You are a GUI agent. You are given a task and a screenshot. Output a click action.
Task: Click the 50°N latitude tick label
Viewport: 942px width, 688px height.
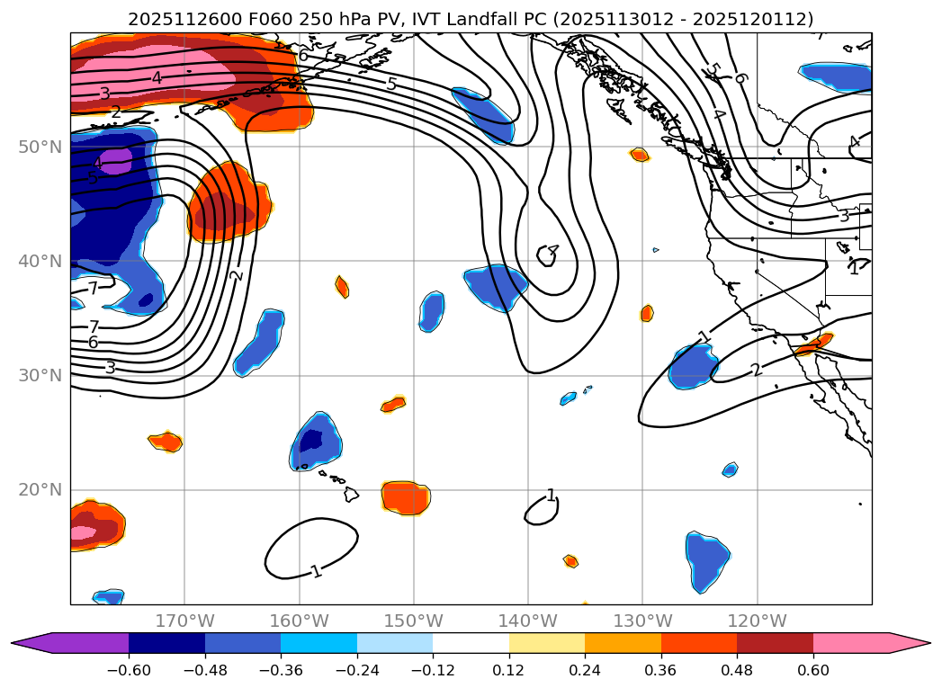click(x=40, y=147)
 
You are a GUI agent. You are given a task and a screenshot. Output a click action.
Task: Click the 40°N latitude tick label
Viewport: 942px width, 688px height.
click(x=40, y=261)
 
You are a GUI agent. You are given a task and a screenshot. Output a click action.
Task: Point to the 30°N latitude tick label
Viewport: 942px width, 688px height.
click(x=40, y=375)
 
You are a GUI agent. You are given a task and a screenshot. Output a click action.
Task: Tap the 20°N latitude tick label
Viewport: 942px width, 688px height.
click(x=40, y=490)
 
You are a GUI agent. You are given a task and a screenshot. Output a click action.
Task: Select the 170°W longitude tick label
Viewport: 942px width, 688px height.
click(x=184, y=621)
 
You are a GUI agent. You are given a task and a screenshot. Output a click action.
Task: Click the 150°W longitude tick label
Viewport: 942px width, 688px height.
click(x=414, y=621)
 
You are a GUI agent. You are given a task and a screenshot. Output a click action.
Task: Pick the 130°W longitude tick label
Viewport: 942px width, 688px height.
click(x=642, y=621)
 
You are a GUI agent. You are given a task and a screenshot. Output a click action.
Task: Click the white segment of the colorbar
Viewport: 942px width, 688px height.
click(x=471, y=642)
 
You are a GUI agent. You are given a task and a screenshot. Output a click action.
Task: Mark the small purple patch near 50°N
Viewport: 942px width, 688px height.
click(x=115, y=162)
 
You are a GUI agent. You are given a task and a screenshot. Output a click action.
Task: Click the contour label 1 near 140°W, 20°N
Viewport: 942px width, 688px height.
click(x=551, y=496)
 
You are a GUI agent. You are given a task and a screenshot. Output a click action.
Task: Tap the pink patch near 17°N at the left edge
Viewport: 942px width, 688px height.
click(x=84, y=532)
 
